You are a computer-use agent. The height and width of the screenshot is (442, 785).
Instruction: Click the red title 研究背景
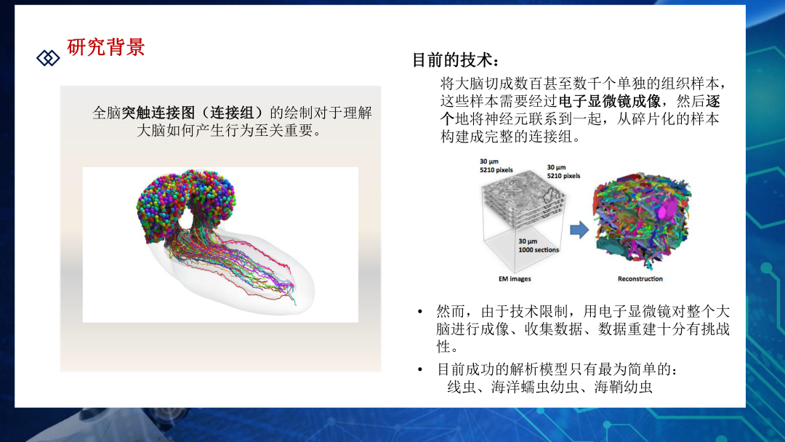pos(105,47)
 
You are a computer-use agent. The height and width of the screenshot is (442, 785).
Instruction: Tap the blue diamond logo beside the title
pos(48,58)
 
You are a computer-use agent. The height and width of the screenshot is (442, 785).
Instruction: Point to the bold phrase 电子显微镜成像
pos(609,101)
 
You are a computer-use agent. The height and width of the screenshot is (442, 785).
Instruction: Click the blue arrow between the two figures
pos(579,230)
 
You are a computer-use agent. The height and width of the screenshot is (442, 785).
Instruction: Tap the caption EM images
pos(515,279)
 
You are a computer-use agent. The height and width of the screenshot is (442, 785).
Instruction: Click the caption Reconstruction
pos(640,279)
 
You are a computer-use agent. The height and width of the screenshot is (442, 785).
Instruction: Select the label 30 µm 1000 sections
pos(538,245)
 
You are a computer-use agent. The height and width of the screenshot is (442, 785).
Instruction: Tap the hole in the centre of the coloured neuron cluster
pos(187,218)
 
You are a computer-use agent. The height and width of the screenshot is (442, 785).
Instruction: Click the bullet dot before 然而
pos(420,312)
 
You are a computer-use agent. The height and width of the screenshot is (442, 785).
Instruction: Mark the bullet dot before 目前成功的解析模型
pos(420,370)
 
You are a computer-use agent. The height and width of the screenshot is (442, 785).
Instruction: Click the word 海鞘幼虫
pos(624,387)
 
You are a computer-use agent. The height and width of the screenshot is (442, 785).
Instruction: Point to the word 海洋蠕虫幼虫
pos(535,387)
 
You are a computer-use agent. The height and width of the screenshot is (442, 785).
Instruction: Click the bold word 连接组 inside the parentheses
pos(232,113)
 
